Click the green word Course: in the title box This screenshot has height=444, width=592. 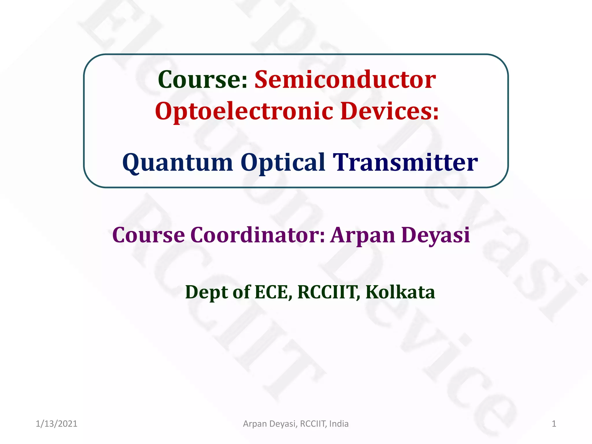click(203, 80)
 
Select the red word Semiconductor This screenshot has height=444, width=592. click(345, 80)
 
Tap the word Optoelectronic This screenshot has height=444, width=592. click(244, 112)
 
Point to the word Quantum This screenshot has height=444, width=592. click(177, 163)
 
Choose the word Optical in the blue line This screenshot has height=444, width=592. click(283, 163)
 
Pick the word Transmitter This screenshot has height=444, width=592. click(405, 162)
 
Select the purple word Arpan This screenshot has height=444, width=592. click(363, 235)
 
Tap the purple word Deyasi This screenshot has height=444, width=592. click(436, 235)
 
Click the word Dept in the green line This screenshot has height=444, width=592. click(207, 292)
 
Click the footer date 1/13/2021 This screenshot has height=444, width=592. click(56, 424)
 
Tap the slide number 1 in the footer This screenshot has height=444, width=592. click(554, 424)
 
